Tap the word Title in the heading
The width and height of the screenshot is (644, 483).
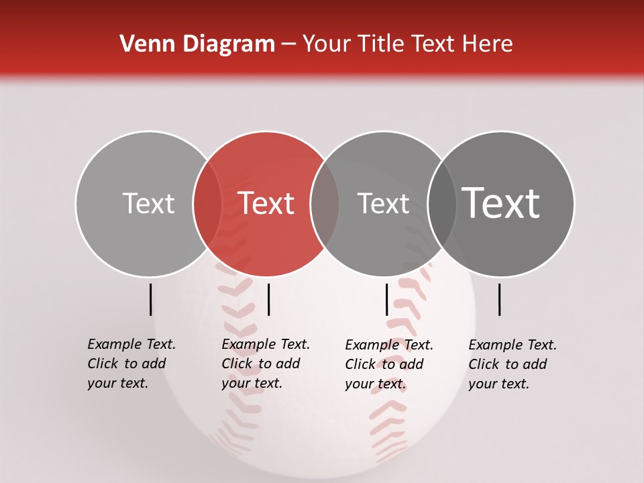(380, 44)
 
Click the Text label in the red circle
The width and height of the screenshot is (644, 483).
(266, 203)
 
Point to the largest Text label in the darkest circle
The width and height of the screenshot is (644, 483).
(501, 203)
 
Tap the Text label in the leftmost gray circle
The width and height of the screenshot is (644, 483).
(148, 203)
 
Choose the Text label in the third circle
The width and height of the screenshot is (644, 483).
(383, 203)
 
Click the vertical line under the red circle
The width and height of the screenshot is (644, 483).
(268, 299)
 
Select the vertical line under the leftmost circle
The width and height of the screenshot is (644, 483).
(150, 299)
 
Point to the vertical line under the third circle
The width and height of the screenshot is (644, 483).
(386, 299)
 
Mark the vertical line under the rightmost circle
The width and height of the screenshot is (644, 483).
(499, 299)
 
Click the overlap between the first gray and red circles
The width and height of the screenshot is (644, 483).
(207, 203)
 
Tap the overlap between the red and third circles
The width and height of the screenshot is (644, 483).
(325, 203)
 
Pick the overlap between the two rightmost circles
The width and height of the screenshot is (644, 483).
(442, 203)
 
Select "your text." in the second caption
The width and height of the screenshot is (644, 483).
(252, 383)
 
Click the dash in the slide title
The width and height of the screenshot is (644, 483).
(288, 44)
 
